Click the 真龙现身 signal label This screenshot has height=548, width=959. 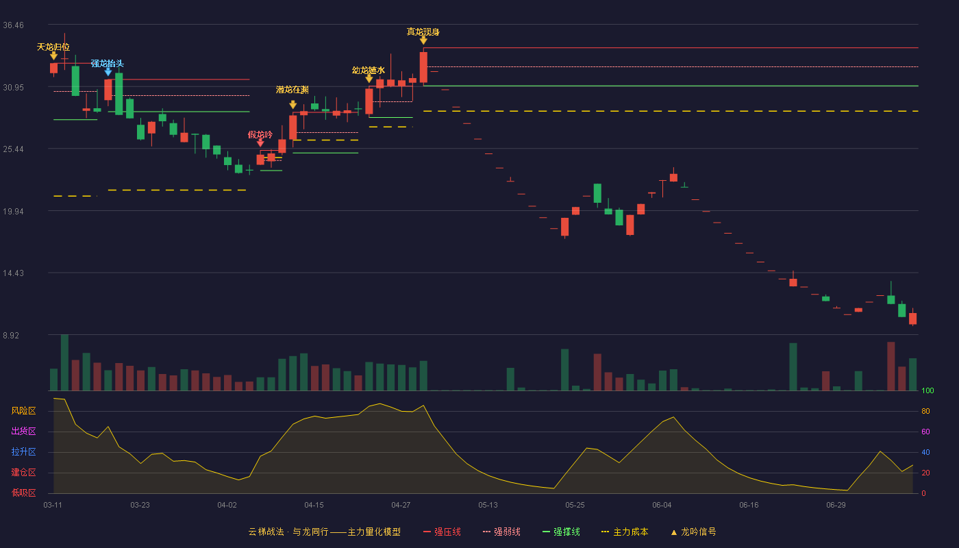423,32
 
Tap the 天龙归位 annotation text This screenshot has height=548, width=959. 53,47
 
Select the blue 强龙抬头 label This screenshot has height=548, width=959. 108,64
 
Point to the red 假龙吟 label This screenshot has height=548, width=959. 260,135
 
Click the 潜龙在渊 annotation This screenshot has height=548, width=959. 292,90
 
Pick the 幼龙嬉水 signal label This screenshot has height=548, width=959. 369,70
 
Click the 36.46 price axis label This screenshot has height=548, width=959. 13,25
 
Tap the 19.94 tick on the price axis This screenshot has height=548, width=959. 13,212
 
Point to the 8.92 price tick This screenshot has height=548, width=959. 11,335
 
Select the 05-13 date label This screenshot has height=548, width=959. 488,506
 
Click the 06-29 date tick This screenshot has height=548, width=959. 836,506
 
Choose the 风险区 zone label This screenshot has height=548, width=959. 23,411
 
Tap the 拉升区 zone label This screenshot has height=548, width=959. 23,452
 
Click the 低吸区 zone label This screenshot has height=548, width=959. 23,493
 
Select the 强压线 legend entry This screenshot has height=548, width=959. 442,532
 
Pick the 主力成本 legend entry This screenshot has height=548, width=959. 625,532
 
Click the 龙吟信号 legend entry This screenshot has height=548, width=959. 693,532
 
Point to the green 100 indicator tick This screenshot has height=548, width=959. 927,390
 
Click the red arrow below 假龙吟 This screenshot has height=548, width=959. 260,143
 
